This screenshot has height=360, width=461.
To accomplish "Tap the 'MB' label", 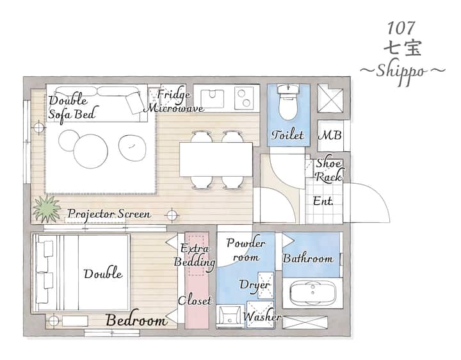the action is (x=330, y=135).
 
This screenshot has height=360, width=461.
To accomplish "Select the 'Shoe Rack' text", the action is (x=329, y=170).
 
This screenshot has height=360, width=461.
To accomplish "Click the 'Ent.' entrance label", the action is (x=323, y=201).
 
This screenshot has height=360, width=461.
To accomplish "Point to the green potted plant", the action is (x=47, y=208).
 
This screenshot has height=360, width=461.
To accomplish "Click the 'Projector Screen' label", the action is (x=109, y=214).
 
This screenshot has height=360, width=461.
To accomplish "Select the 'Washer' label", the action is (x=261, y=316).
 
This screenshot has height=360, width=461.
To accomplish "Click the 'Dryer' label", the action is (x=255, y=285).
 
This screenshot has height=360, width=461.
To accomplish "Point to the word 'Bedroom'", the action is (x=136, y=320).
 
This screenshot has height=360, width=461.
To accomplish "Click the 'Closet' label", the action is (x=195, y=300).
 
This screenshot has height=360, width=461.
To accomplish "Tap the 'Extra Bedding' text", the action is (x=195, y=255).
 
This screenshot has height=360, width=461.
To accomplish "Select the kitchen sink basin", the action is (x=212, y=98).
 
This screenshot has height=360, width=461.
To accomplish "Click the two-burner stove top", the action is (x=244, y=98).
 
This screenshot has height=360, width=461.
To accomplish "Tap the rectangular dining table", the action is (x=216, y=160).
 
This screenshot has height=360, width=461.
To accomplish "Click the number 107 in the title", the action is (x=401, y=28).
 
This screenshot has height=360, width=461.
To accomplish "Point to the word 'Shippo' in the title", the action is (x=401, y=72).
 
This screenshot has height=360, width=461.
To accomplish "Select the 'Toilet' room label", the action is (x=287, y=135).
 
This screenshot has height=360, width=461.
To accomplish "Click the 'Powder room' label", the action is (x=245, y=250).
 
